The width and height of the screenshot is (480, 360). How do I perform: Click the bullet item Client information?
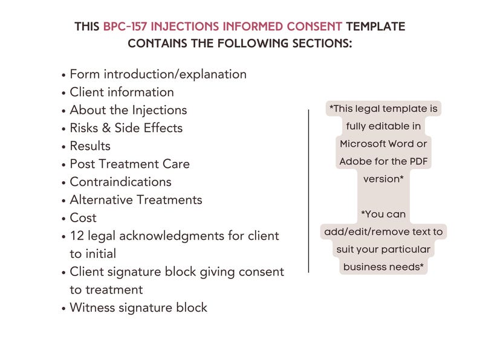click(x=122, y=92)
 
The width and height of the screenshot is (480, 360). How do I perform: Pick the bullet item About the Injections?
click(x=128, y=110)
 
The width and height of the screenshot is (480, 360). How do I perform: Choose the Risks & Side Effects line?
click(x=126, y=128)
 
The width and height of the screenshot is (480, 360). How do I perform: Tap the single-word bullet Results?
click(x=90, y=146)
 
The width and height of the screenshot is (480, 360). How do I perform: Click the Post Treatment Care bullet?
click(x=129, y=164)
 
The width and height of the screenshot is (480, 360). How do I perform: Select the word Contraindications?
click(x=120, y=182)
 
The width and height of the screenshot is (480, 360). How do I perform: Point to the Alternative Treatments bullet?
click(x=135, y=200)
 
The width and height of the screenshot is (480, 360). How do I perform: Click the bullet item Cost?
click(x=83, y=217)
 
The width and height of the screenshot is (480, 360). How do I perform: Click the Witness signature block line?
click(x=138, y=307)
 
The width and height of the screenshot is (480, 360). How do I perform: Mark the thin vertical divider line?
click(x=309, y=190)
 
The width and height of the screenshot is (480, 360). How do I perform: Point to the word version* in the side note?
click(x=383, y=179)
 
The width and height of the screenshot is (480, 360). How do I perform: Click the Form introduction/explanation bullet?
click(x=158, y=74)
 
